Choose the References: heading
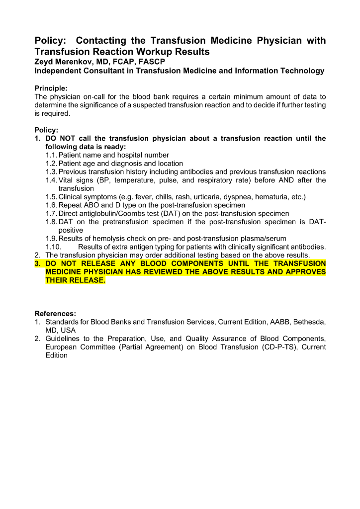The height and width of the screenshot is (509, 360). tap(55, 314)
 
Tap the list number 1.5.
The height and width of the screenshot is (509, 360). tap(51, 197)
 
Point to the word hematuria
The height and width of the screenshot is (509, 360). tap(273, 197)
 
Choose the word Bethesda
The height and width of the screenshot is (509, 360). tap(311, 322)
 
